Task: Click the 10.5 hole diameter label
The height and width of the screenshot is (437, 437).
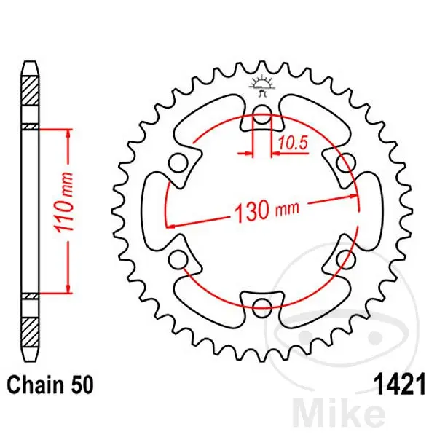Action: [293, 143]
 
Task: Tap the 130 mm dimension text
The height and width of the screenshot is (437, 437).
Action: [267, 210]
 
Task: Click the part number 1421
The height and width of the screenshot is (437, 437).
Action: [401, 385]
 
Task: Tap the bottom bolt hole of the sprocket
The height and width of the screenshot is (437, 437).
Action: [261, 307]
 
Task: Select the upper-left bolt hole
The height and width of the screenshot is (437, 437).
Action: [178, 162]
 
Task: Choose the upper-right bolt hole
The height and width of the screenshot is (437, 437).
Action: [345, 162]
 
